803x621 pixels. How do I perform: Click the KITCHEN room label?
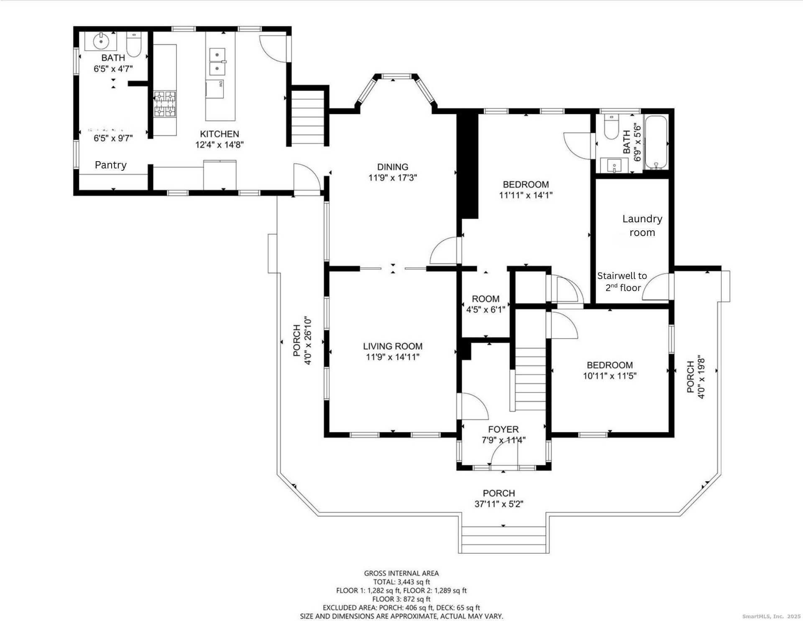point(220,134)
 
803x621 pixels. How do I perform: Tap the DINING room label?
point(392,167)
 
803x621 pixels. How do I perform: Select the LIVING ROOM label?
point(393,346)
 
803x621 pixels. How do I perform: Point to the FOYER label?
point(503,429)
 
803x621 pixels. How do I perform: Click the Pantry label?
point(110,165)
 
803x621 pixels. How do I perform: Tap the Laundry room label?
point(642,225)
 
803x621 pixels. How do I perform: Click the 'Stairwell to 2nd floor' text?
point(622,281)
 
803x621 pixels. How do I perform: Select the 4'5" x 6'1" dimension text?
point(486,309)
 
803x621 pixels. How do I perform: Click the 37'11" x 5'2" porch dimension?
point(499,504)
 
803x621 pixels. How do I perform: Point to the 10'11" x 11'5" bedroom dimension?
point(609,376)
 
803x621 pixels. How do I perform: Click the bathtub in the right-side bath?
point(656,142)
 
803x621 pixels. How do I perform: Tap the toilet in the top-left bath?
point(134,45)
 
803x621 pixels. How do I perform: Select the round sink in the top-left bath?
point(101,41)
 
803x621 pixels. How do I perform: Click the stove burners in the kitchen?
point(165,104)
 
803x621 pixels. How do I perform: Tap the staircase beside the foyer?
point(530,379)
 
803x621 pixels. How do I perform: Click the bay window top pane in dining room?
point(396,77)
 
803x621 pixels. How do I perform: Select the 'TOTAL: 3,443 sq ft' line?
point(401,582)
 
